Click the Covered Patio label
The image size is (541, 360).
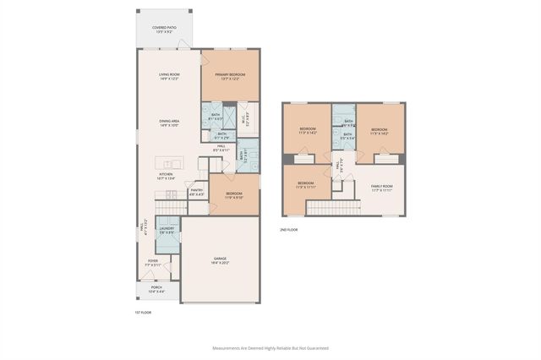(x=164, y=30)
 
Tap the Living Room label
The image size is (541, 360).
(x=170, y=77)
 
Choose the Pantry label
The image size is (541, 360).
(x=196, y=193)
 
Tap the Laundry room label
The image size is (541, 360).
(x=167, y=230)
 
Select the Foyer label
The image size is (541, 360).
(x=153, y=263)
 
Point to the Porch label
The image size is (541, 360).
(x=156, y=289)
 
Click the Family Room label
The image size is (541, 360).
(x=382, y=188)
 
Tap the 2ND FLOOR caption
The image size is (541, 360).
(x=288, y=229)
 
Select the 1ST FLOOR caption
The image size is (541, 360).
(x=143, y=312)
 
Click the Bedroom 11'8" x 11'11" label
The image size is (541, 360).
(x=305, y=186)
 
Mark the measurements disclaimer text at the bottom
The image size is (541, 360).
(x=270, y=347)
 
